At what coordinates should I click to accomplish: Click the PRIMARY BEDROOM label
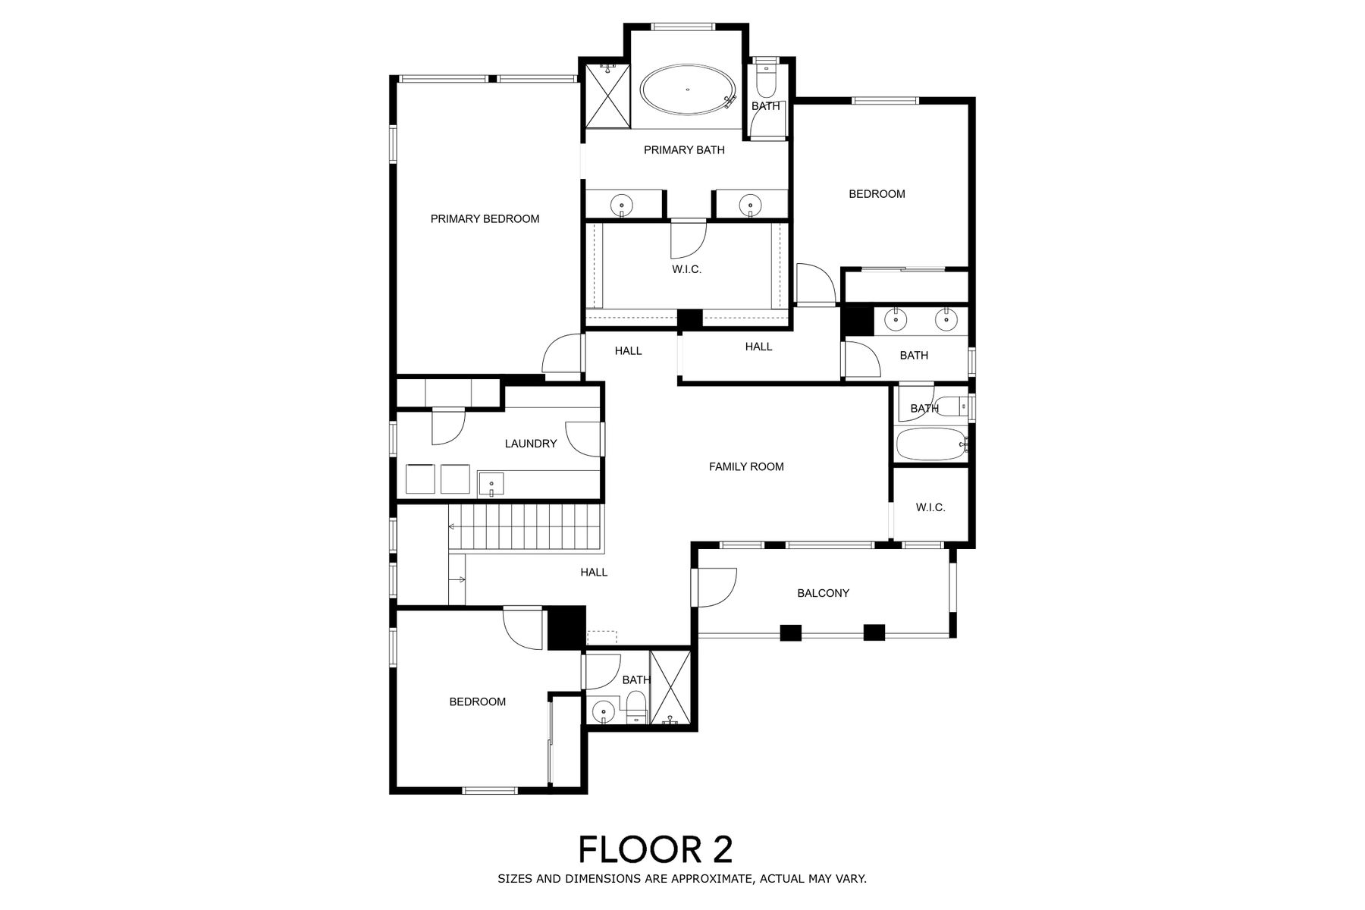point(485,219)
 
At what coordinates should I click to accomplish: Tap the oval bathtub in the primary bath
point(688,91)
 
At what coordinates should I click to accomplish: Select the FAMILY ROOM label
point(746,467)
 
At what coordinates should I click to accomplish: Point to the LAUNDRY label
point(531,444)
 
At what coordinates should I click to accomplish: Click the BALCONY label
point(823,593)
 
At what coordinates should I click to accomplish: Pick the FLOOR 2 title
point(656,849)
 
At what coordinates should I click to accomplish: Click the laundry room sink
point(491,484)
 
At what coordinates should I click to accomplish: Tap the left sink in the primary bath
point(622,205)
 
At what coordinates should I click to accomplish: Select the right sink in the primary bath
point(750,205)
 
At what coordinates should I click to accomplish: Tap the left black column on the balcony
point(791,632)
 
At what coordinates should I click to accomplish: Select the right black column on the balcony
point(874,632)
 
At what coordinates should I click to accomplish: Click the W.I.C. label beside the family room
point(930,507)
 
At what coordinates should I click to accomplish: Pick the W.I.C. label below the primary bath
point(687,269)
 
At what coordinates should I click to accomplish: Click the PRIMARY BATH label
point(684,150)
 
